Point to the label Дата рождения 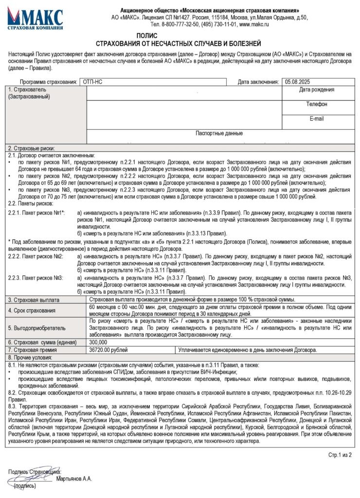[x=316, y=89]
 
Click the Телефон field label [x=316, y=104]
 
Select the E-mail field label [x=316, y=119]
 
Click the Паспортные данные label [x=219, y=133]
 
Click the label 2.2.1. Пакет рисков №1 [x=36, y=213]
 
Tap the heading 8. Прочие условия [x=31, y=357]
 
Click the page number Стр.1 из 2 [x=340, y=455]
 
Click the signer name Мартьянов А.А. [x=74, y=479]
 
